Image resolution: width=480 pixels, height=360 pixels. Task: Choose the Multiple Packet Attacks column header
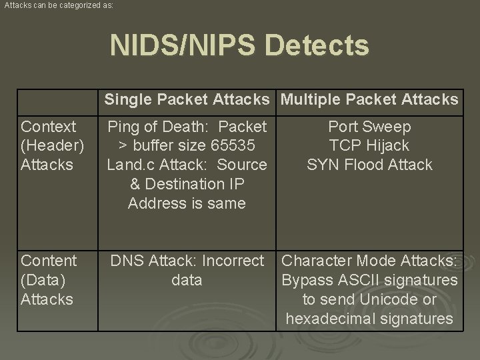tap(370, 100)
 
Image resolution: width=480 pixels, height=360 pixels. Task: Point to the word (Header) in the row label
tap(53, 145)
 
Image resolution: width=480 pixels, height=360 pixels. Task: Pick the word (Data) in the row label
tap(46, 280)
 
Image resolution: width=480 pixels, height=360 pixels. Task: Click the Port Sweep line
tap(370, 127)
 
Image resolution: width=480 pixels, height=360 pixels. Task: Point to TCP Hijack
tap(370, 145)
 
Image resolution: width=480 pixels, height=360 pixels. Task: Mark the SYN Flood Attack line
tap(370, 165)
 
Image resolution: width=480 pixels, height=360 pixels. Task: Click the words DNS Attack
tap(151, 261)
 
